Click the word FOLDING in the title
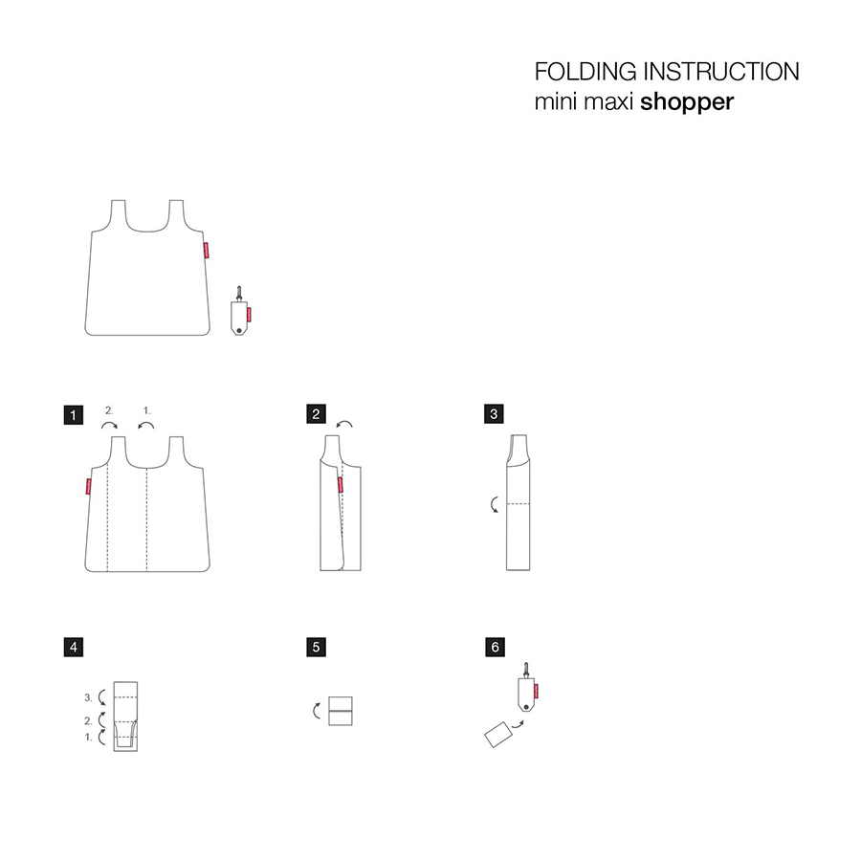click(x=585, y=72)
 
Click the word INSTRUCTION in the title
click(x=721, y=72)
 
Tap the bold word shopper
click(x=687, y=102)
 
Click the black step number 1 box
click(x=74, y=414)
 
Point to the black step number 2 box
click(x=317, y=414)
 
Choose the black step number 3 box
click(x=494, y=414)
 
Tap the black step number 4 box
click(x=74, y=647)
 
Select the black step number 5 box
click(x=317, y=647)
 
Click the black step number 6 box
click(x=495, y=647)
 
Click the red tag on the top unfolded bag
click(x=207, y=250)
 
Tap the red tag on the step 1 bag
click(x=88, y=487)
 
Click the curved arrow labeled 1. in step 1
click(x=145, y=424)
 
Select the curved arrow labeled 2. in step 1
click(x=110, y=424)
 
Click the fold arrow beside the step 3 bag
click(x=493, y=504)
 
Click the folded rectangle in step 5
click(x=341, y=711)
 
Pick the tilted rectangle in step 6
click(x=498, y=734)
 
